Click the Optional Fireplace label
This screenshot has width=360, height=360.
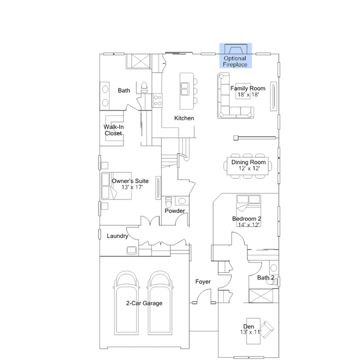point(235,61)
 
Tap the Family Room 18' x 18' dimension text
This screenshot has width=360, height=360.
point(248,95)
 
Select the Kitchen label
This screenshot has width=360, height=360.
point(184,118)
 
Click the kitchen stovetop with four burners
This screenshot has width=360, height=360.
point(158,100)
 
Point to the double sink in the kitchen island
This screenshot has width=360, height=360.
point(185,89)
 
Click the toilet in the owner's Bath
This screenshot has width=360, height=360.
point(144,87)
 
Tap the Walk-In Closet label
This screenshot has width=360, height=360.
point(113,130)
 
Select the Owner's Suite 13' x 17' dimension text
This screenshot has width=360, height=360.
point(132,188)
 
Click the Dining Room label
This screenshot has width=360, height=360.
point(248,162)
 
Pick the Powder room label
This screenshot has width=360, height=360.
point(175,211)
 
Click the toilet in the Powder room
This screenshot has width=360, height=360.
point(168,202)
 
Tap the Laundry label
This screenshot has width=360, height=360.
point(117,236)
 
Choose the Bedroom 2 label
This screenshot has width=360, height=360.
point(247,219)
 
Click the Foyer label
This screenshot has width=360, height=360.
point(203,282)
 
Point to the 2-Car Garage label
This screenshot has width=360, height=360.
point(144,303)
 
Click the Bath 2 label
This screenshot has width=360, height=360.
point(266,278)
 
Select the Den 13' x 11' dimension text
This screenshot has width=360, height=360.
point(251,332)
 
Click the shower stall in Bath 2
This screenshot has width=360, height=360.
point(261,296)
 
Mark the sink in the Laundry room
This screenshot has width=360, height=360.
point(132,250)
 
